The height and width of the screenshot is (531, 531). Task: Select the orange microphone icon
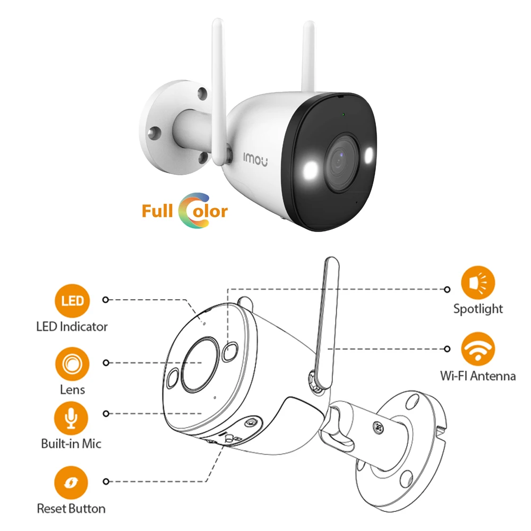coord(71,417)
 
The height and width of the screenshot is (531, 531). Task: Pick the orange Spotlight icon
coord(478,282)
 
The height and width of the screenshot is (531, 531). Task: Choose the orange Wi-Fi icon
coord(478,348)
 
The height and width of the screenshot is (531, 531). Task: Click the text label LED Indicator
coord(72,327)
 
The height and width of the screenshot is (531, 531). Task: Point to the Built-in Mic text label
coord(71,443)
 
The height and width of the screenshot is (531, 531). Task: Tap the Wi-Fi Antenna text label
coord(478,376)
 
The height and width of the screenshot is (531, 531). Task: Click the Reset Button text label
coord(71,509)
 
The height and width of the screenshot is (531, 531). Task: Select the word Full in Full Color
coord(158,211)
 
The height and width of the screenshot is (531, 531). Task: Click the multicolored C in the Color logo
coord(189,211)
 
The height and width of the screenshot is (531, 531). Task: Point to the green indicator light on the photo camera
coord(344,114)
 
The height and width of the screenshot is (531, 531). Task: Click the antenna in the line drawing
coord(325,319)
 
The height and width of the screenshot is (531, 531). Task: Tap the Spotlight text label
coord(478,309)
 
